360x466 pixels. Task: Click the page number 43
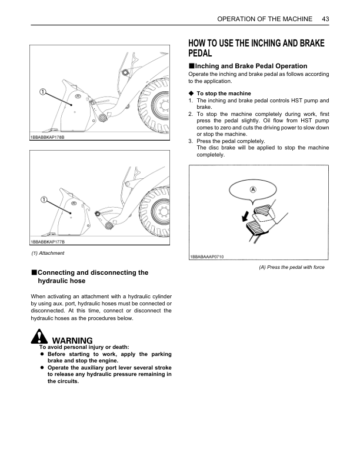(325, 19)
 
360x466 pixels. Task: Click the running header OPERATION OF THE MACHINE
(265, 19)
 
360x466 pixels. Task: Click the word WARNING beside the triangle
(72, 341)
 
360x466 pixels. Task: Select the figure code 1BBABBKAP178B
(47, 137)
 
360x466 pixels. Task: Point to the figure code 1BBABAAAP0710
(206, 257)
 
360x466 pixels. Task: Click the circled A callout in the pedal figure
(252, 189)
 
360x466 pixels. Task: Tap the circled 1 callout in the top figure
(43, 92)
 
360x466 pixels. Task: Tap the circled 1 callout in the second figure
(44, 200)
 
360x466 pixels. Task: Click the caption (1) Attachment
(48, 253)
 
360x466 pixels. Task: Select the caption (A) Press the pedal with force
(292, 267)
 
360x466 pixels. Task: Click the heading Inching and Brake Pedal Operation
(251, 66)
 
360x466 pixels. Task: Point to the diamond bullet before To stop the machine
(191, 94)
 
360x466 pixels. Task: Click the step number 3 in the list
(190, 141)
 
